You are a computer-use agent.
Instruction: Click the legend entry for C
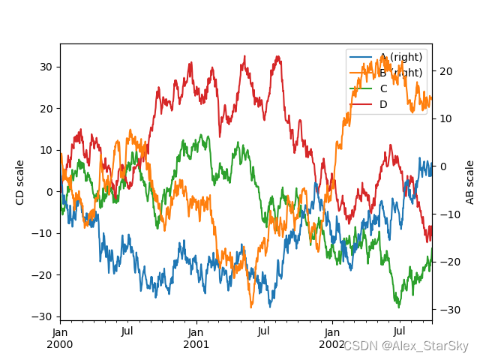[x=383, y=88]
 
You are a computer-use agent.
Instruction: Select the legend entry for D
[x=383, y=104]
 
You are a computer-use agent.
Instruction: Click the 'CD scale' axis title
[x=20, y=182]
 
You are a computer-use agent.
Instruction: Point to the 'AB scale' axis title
[x=470, y=182]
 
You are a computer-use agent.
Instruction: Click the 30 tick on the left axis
[x=46, y=67]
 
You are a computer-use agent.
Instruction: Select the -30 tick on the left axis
[x=43, y=316]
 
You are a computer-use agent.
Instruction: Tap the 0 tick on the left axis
[x=49, y=191]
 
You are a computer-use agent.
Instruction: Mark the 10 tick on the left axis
[x=46, y=150]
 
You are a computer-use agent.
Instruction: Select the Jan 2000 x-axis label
[x=60, y=337]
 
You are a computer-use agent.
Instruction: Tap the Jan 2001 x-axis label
[x=196, y=337]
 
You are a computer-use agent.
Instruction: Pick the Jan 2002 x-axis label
[x=331, y=337]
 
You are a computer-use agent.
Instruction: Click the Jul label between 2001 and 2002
[x=263, y=331]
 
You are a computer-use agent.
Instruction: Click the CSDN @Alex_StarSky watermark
[x=406, y=346]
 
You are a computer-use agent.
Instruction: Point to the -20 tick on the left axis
[x=43, y=274]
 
